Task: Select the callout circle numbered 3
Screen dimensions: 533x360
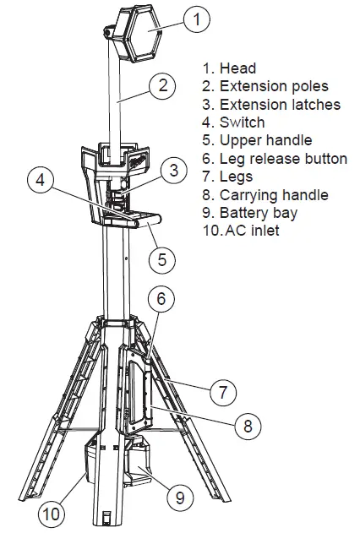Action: tap(173, 171)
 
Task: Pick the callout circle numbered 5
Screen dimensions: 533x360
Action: tap(163, 259)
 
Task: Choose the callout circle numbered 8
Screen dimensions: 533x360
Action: tap(248, 426)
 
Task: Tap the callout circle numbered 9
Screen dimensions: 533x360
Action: tap(179, 498)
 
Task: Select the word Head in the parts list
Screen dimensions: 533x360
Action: tap(237, 68)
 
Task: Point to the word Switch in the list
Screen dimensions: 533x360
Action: tap(243, 122)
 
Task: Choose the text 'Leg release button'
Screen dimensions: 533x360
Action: tap(283, 159)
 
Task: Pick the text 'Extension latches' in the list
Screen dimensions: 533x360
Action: tap(280, 105)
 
